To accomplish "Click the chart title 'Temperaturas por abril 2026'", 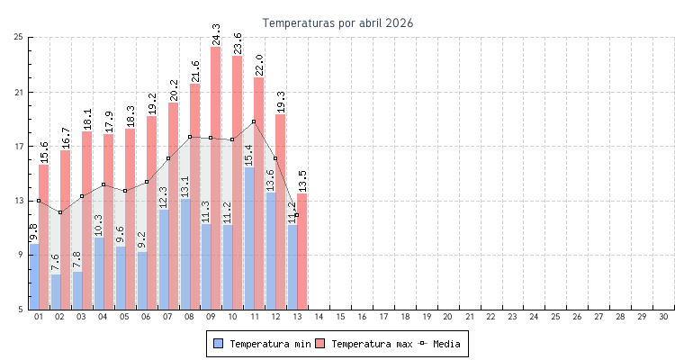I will pyautogui.click(x=337, y=22).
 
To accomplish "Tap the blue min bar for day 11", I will pyautogui.click(x=249, y=238).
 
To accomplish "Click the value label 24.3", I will pyautogui.click(x=216, y=34).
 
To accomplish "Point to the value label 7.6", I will pyautogui.click(x=55, y=263).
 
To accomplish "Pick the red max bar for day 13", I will pyautogui.click(x=302, y=251).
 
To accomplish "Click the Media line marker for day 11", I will pyautogui.click(x=254, y=121).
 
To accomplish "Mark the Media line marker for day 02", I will pyautogui.click(x=60, y=212).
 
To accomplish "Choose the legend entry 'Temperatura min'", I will pyautogui.click(x=261, y=344).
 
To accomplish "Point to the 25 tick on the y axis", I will pyautogui.click(x=19, y=37).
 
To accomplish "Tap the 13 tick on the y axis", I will pyautogui.click(x=19, y=201).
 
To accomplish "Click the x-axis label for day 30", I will pyautogui.click(x=663, y=317).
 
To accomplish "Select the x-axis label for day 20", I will pyautogui.click(x=448, y=317).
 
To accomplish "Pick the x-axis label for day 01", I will pyautogui.click(x=39, y=317).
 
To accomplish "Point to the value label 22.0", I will pyautogui.click(x=259, y=65).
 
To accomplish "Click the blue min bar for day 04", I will pyautogui.click(x=98, y=274).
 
